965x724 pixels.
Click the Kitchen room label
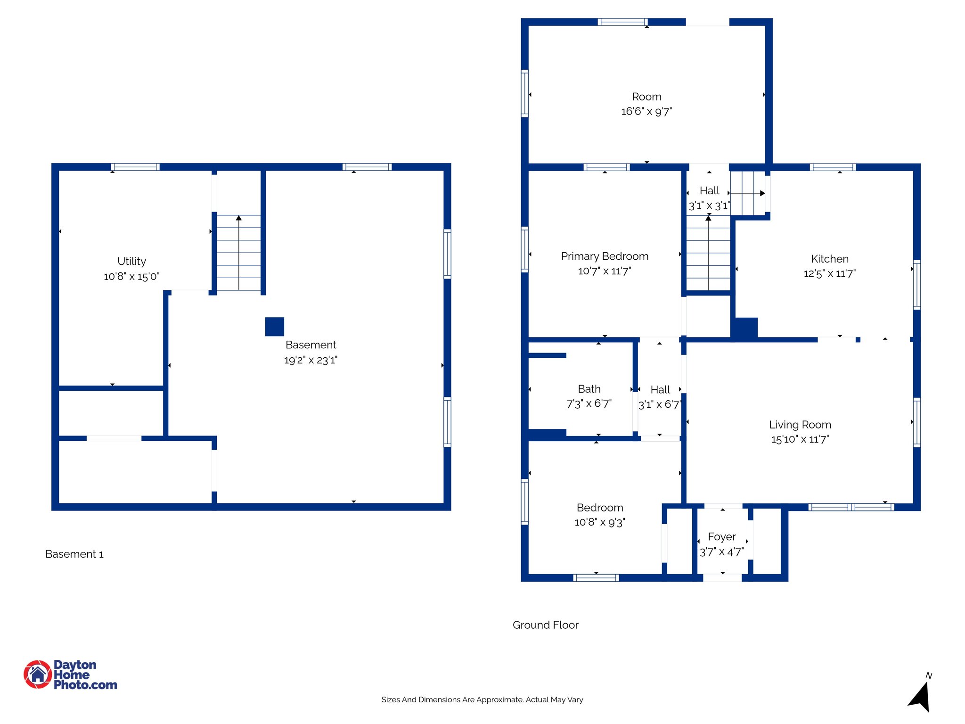point(829,259)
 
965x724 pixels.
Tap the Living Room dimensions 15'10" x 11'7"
point(800,439)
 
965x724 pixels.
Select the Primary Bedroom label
point(605,256)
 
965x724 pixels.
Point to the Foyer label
point(721,537)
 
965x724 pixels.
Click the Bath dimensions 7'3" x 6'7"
point(589,404)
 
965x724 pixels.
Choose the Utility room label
point(131,261)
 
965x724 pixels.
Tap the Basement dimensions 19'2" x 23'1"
point(311,360)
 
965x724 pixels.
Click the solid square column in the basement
point(274,327)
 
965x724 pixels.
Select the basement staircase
point(238,253)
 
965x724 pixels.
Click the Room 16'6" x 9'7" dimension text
point(646,112)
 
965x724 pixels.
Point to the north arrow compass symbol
point(920,696)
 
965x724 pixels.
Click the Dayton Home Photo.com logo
point(70,675)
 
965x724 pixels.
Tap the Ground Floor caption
point(545,625)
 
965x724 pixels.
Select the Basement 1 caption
point(74,554)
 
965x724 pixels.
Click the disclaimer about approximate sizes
point(482,699)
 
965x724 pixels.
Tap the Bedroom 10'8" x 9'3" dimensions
point(599,522)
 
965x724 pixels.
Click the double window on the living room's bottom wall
point(851,507)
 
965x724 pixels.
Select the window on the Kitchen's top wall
point(833,167)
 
